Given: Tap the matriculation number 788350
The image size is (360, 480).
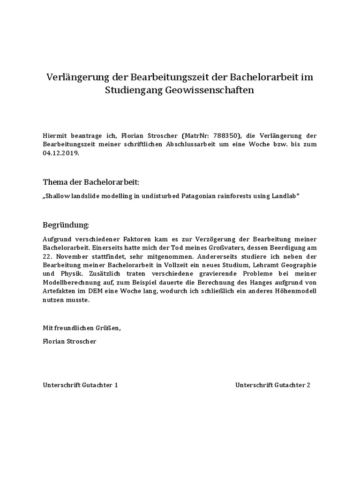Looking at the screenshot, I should tap(225, 135).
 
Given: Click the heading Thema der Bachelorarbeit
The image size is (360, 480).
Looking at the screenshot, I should tap(91, 181).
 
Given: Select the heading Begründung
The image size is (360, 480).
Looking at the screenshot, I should tap(66, 225).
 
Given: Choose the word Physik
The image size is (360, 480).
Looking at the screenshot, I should tap(72, 274).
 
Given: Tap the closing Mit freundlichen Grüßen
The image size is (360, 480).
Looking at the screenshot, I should tap(82, 328).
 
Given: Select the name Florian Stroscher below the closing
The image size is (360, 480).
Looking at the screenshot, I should tap(69, 341).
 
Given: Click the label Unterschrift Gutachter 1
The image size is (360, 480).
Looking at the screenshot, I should tap(80, 385).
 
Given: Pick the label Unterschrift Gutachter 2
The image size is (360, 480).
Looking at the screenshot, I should tap(273, 385).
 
